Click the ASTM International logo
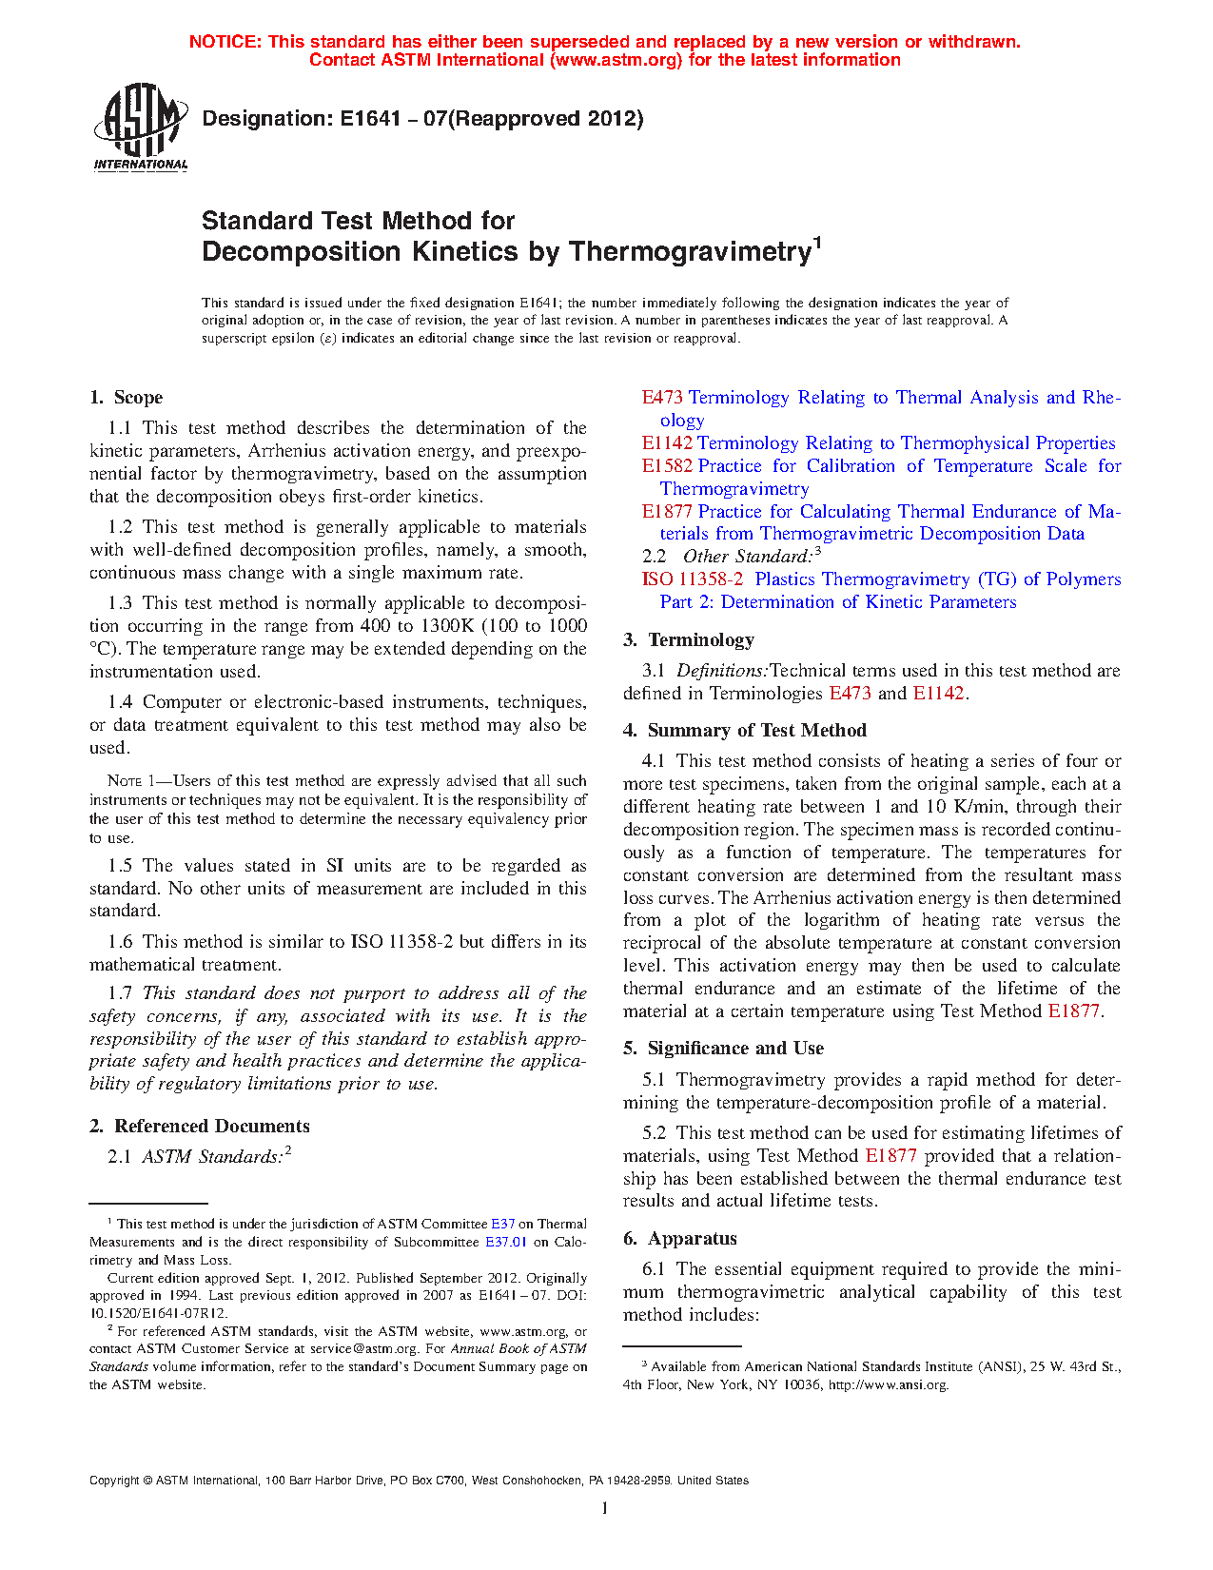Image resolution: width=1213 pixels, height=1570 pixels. pyautogui.click(x=141, y=127)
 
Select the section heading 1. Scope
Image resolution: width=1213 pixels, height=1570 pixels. pyautogui.click(x=127, y=398)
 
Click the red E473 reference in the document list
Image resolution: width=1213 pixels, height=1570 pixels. pyautogui.click(x=662, y=398)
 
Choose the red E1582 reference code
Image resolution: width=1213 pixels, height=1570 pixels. pyautogui.click(x=667, y=466)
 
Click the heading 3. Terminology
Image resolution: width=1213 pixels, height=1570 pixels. pyautogui.click(x=689, y=640)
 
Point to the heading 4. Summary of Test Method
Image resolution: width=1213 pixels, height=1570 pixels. pyautogui.click(x=745, y=731)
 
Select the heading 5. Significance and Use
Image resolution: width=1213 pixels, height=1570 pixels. pyautogui.click(x=723, y=1049)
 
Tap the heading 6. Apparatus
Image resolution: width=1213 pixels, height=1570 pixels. pyautogui.click(x=680, y=1239)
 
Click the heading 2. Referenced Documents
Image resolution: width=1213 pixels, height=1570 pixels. pyautogui.click(x=200, y=1127)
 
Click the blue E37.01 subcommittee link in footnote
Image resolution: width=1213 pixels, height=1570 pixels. pyautogui.click(x=506, y=1242)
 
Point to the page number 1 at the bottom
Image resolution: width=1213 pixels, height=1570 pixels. pyautogui.click(x=605, y=1507)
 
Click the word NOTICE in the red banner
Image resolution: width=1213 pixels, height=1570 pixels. pyautogui.click(x=225, y=42)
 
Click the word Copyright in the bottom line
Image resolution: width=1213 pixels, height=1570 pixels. pyautogui.click(x=114, y=1481)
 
